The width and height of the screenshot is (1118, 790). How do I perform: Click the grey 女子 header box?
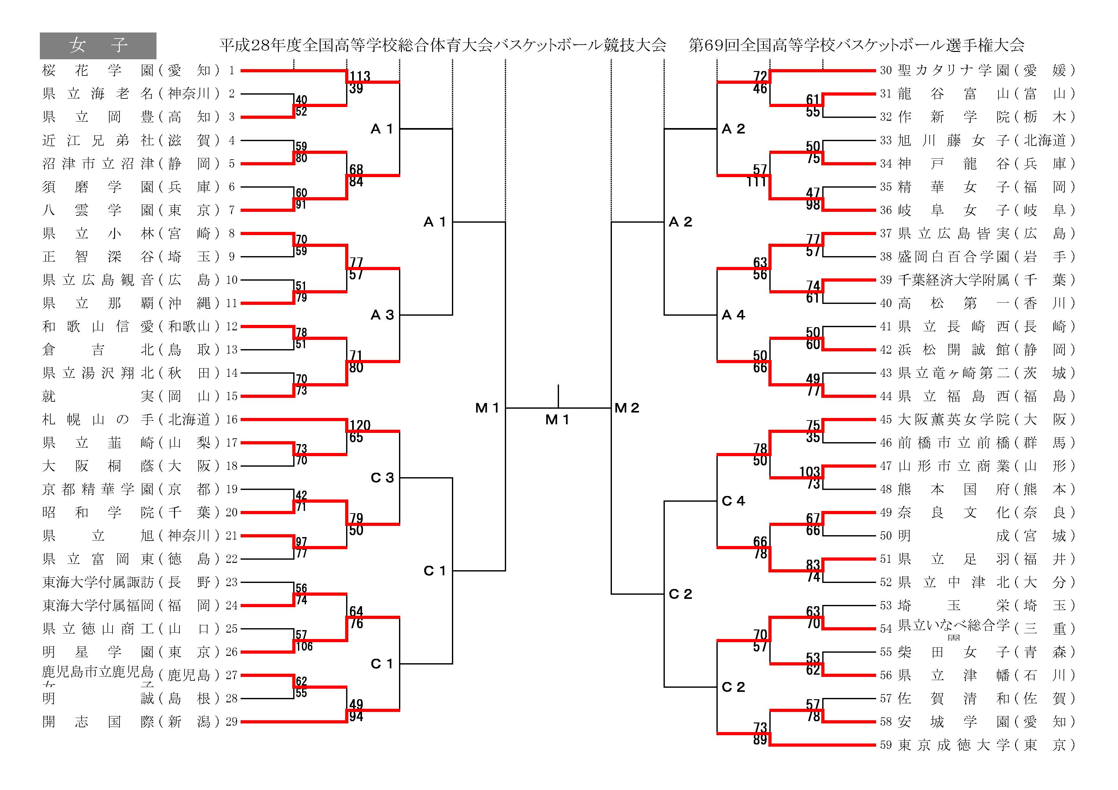pyautogui.click(x=98, y=46)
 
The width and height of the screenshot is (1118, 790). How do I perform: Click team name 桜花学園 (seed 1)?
pyautogui.click(x=98, y=71)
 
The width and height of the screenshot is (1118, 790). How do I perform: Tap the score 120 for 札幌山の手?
pyautogui.click(x=360, y=425)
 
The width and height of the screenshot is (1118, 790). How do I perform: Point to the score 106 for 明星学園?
pyautogui.click(x=304, y=646)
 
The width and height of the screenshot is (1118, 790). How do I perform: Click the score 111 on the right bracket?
pyautogui.click(x=756, y=182)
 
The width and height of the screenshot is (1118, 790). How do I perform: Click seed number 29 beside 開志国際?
pyautogui.click(x=231, y=722)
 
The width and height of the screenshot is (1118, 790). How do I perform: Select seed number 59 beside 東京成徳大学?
pyautogui.click(x=886, y=745)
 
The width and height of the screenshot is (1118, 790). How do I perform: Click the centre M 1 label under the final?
pyautogui.click(x=557, y=420)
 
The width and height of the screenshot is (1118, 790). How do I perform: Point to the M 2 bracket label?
pyautogui.click(x=627, y=408)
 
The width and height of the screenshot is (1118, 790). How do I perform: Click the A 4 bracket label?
pyautogui.click(x=733, y=315)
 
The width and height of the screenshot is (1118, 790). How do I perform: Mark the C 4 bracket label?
pyautogui.click(x=733, y=501)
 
